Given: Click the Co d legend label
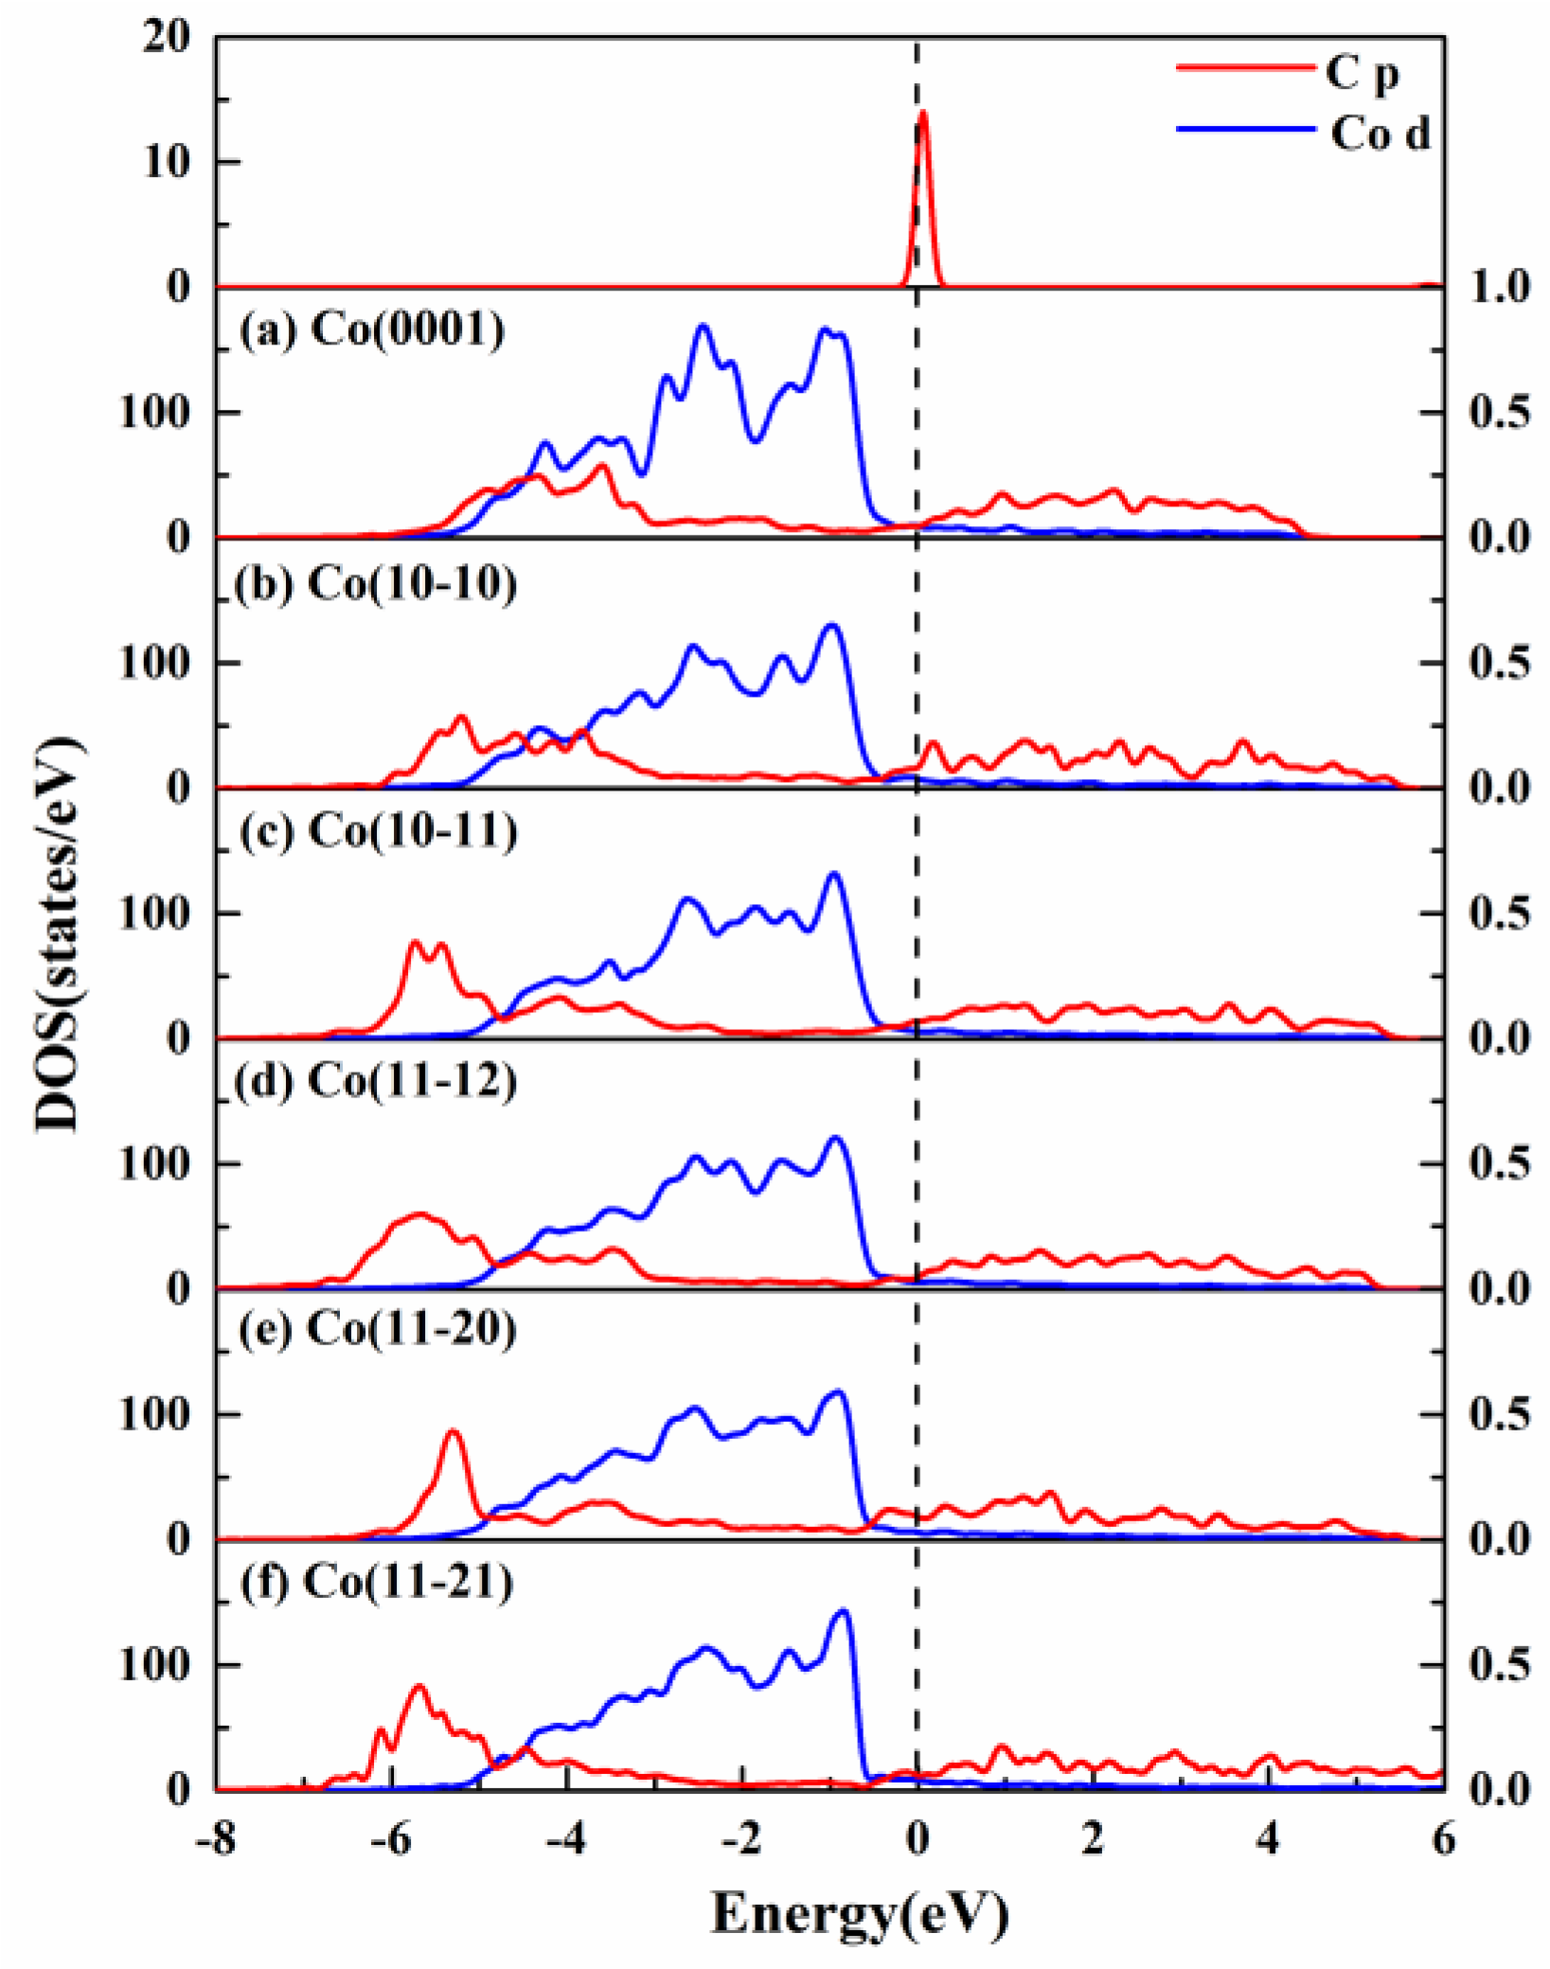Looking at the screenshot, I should tap(1380, 133).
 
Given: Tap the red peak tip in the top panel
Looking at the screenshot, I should tap(923, 113).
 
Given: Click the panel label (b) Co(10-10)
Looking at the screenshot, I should tap(375, 583).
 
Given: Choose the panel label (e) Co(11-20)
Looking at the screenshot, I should tap(376, 1329).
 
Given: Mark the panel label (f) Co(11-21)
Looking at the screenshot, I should tap(376, 1581).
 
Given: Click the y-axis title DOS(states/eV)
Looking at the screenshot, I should tap(59, 932).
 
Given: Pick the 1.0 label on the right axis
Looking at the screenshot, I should tap(1499, 287).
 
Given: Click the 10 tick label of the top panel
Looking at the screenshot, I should tap(166, 163).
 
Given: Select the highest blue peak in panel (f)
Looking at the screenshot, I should tap(843, 1611).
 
